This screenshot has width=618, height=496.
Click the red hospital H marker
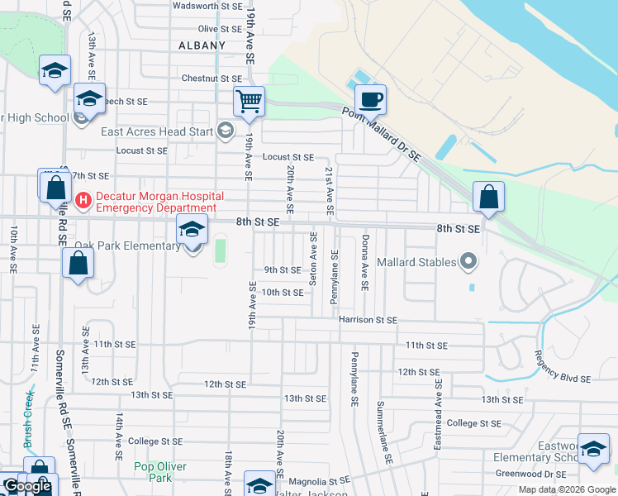point(83,200)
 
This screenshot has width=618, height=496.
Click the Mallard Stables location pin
point(469,262)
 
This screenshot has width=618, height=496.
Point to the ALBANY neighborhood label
point(202,45)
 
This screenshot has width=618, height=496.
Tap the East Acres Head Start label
point(156,131)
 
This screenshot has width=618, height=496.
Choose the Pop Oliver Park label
point(153,472)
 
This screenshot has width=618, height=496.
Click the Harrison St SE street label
point(367,320)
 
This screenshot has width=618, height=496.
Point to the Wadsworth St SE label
point(207,6)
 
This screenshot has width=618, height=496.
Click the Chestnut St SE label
point(212,79)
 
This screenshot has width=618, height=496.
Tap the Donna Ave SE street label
point(364,262)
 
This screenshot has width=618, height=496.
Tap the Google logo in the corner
point(26,487)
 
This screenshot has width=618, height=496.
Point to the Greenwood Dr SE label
point(530,475)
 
